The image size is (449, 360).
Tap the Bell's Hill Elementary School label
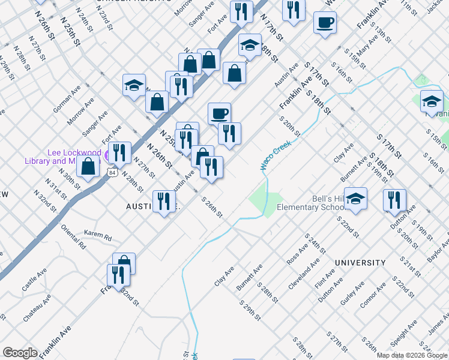tap(310, 203)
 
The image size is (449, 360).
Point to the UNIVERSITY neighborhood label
tap(360, 263)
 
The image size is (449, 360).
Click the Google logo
tap(20, 353)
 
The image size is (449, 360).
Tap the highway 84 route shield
tap(112, 172)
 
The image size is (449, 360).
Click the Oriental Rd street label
tap(73, 237)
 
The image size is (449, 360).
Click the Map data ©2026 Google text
tap(412, 355)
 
